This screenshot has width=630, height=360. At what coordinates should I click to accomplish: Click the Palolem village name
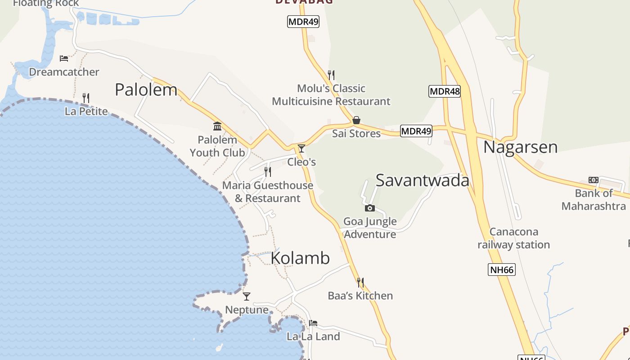[x=146, y=90]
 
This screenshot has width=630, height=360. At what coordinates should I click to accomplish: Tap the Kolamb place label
[x=300, y=258]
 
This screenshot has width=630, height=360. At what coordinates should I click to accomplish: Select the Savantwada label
[x=422, y=180]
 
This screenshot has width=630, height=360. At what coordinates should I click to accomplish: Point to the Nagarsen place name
[x=520, y=147]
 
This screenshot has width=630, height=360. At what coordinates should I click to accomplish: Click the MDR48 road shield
[x=445, y=91]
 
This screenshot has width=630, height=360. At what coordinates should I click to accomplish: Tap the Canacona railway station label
[x=513, y=238]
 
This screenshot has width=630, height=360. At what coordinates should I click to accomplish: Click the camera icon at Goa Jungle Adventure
[x=369, y=208]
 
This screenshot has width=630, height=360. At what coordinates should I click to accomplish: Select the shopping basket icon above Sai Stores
[x=356, y=120]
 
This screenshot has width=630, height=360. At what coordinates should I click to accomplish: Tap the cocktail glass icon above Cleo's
[x=301, y=148]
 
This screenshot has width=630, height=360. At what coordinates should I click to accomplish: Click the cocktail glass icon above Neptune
[x=247, y=296]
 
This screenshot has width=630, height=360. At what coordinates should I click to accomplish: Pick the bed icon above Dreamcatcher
[x=64, y=58]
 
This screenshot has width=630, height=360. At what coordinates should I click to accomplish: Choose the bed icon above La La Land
[x=313, y=323]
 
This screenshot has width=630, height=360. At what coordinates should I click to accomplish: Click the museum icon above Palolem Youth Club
[x=217, y=126]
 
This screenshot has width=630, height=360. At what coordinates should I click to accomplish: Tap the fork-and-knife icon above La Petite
[x=86, y=98]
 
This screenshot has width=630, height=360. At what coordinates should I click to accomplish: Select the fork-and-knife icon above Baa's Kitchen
[x=360, y=282]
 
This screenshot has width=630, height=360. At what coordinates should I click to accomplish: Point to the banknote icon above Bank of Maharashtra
[x=594, y=180]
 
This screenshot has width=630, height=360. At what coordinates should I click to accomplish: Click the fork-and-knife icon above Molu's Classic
[x=331, y=75]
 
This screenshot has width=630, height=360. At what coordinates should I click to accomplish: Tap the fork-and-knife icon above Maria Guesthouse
[x=268, y=171]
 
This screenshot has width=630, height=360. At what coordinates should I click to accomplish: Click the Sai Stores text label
[x=356, y=134]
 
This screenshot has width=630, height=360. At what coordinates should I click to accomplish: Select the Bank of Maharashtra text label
[x=594, y=200]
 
